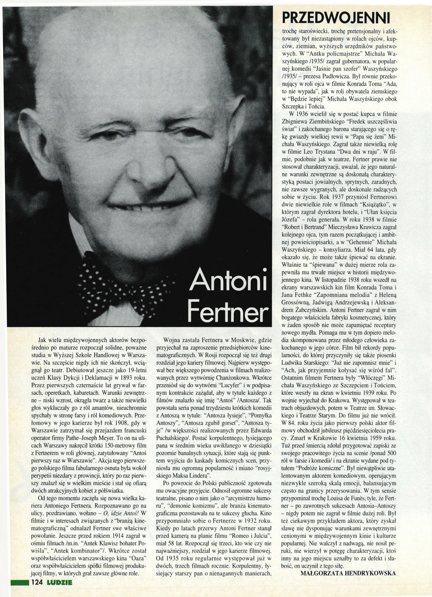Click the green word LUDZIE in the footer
point(59,582)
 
